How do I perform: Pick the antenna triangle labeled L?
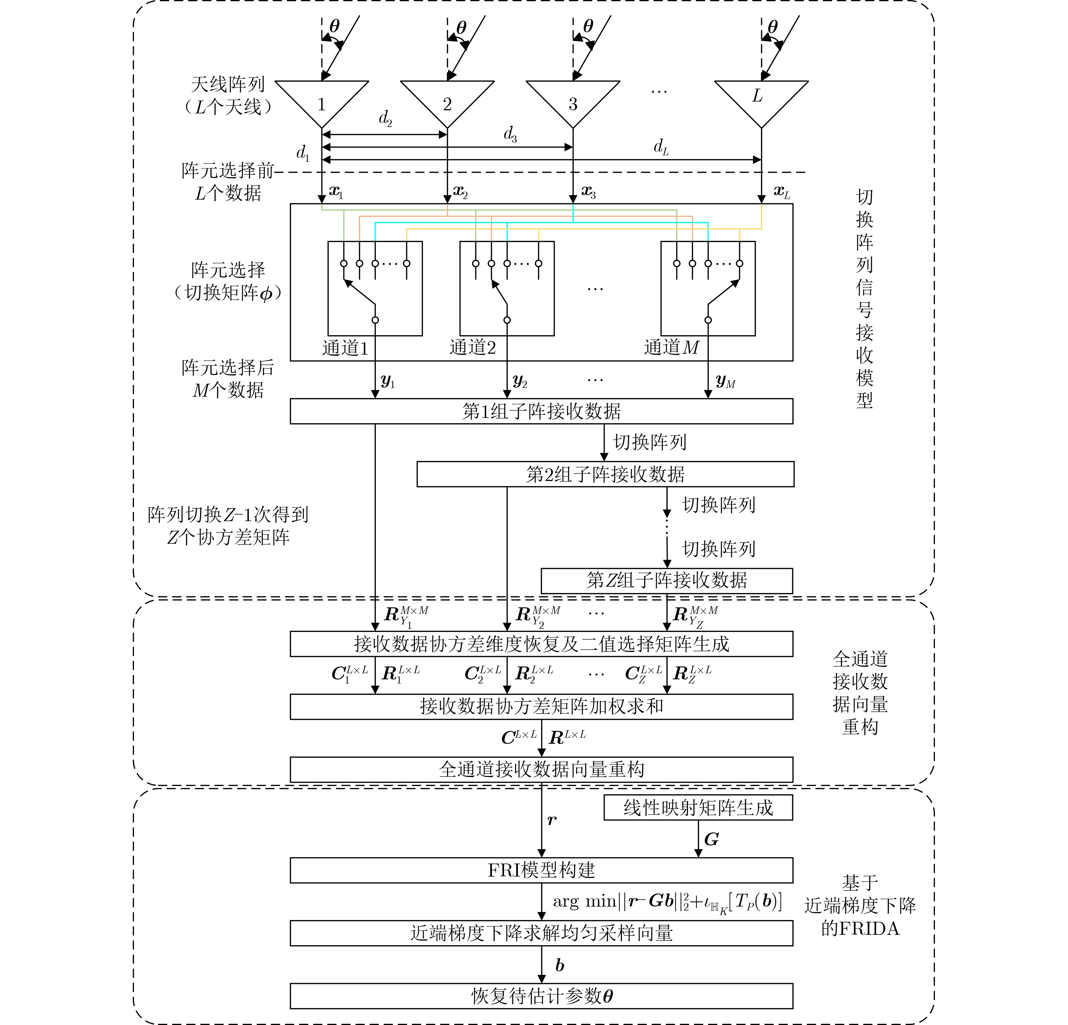tap(761, 98)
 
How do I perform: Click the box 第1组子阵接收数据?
tap(541, 411)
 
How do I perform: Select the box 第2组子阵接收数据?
tap(605, 474)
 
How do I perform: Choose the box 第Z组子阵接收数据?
tap(667, 580)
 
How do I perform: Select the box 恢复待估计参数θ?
tap(541, 996)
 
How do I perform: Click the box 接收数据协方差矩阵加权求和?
tap(541, 707)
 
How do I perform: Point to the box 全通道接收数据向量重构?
tap(541, 769)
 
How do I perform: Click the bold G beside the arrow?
tap(711, 839)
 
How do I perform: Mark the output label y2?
tap(520, 381)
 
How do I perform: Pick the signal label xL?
tap(782, 192)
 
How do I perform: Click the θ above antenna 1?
tap(335, 26)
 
